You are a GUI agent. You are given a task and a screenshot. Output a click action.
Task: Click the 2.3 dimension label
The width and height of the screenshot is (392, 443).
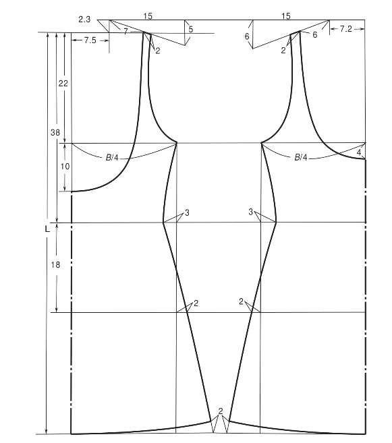click(84, 20)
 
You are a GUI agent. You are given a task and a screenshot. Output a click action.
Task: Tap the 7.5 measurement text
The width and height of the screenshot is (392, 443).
click(90, 40)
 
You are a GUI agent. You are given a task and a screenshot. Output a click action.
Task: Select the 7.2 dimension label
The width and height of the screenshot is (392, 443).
click(346, 29)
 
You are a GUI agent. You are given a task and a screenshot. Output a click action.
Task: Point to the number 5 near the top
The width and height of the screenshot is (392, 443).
click(191, 29)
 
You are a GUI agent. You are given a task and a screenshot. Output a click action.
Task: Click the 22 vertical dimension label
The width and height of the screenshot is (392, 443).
click(63, 84)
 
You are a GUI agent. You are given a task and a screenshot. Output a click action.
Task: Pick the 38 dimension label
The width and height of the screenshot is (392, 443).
click(55, 132)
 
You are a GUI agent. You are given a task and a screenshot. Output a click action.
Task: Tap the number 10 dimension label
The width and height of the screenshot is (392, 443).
click(65, 167)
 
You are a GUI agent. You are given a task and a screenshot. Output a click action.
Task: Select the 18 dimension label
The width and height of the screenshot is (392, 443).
click(55, 265)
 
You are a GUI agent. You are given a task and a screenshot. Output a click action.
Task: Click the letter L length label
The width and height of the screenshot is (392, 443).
click(47, 229)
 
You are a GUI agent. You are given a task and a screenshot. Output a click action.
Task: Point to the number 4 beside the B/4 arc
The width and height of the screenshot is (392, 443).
click(359, 152)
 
